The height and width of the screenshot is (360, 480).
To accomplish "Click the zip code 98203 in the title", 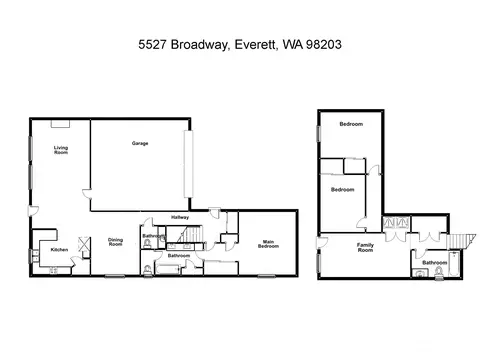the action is (323, 44).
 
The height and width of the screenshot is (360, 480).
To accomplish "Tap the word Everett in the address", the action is (256, 44).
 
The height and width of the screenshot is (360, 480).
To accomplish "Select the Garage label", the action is (140, 143).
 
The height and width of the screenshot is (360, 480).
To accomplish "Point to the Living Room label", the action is (61, 150).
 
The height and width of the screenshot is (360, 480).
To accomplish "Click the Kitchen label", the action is (59, 250).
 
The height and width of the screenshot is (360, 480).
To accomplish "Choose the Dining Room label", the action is (115, 242).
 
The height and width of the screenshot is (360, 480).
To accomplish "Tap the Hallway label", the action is (180, 217).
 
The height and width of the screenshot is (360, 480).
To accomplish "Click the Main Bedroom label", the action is (268, 244).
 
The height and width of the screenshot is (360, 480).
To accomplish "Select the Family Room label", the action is (365, 247).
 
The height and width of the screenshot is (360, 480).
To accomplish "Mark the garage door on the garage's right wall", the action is (189, 164).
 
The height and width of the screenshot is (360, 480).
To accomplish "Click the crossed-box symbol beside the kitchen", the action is (84, 244).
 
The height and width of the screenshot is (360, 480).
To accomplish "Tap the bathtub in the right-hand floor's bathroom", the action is (454, 264).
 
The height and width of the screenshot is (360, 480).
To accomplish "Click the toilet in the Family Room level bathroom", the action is (439, 273).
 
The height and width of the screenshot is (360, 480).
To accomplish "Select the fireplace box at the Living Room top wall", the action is (60, 124).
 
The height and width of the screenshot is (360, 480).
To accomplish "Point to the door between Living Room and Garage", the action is (87, 194).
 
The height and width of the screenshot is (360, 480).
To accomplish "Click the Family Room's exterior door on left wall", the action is (322, 242).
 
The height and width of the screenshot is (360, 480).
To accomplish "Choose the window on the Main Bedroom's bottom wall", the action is (267, 276).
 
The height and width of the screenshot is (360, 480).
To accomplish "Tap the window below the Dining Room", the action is (115, 276).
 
